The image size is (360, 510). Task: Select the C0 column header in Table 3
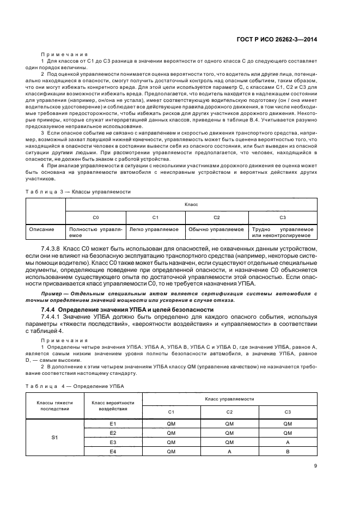pos(96,217)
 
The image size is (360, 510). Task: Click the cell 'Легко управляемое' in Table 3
pos(154,229)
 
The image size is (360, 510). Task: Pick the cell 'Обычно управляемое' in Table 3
pos(216,229)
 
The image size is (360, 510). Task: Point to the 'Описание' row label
pos(42,229)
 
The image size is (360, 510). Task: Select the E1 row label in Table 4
pos(113,423)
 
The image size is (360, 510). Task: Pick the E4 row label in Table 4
pos(113,452)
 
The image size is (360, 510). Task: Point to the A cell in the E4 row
pos(229,452)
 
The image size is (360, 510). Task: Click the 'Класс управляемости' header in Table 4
pos(229,400)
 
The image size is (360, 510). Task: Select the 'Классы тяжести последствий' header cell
pos(54,406)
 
